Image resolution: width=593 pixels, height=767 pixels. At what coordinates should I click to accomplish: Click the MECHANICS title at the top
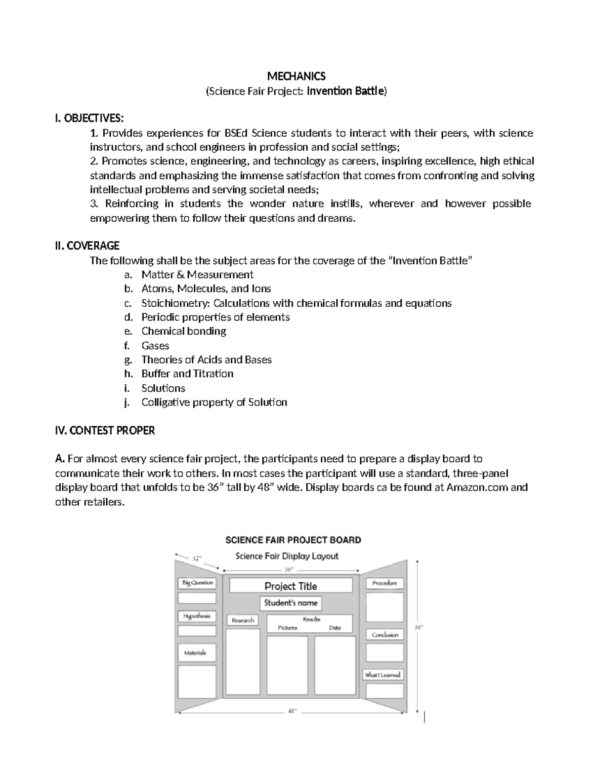296,76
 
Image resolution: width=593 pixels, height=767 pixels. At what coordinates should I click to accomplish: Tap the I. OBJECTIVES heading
90,119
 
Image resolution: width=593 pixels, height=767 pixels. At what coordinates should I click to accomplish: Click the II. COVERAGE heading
87,245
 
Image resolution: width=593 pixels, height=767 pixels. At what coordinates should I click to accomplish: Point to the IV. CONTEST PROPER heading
105,431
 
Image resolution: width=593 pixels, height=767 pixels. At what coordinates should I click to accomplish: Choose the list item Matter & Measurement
197,275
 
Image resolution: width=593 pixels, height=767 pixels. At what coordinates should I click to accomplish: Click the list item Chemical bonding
184,331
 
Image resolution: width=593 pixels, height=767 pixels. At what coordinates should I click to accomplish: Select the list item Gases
155,346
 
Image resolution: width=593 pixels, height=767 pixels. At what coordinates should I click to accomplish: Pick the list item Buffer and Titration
187,374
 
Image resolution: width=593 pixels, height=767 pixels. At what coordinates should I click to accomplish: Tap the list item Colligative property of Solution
214,403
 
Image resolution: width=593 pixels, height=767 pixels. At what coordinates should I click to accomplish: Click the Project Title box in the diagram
291,586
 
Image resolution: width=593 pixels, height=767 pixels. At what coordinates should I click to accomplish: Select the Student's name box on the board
291,603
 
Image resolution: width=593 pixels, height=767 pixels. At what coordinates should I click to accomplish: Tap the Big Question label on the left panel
197,583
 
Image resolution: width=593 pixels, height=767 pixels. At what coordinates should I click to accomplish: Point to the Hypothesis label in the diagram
197,616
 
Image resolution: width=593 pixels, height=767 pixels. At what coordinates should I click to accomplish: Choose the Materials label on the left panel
195,653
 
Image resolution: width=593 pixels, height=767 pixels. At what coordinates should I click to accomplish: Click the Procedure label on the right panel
384,583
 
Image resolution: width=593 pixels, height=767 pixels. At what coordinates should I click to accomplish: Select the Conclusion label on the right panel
384,635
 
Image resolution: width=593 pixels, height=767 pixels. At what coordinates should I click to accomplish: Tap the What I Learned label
383,675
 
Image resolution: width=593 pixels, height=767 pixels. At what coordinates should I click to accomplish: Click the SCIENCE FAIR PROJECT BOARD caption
293,540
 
